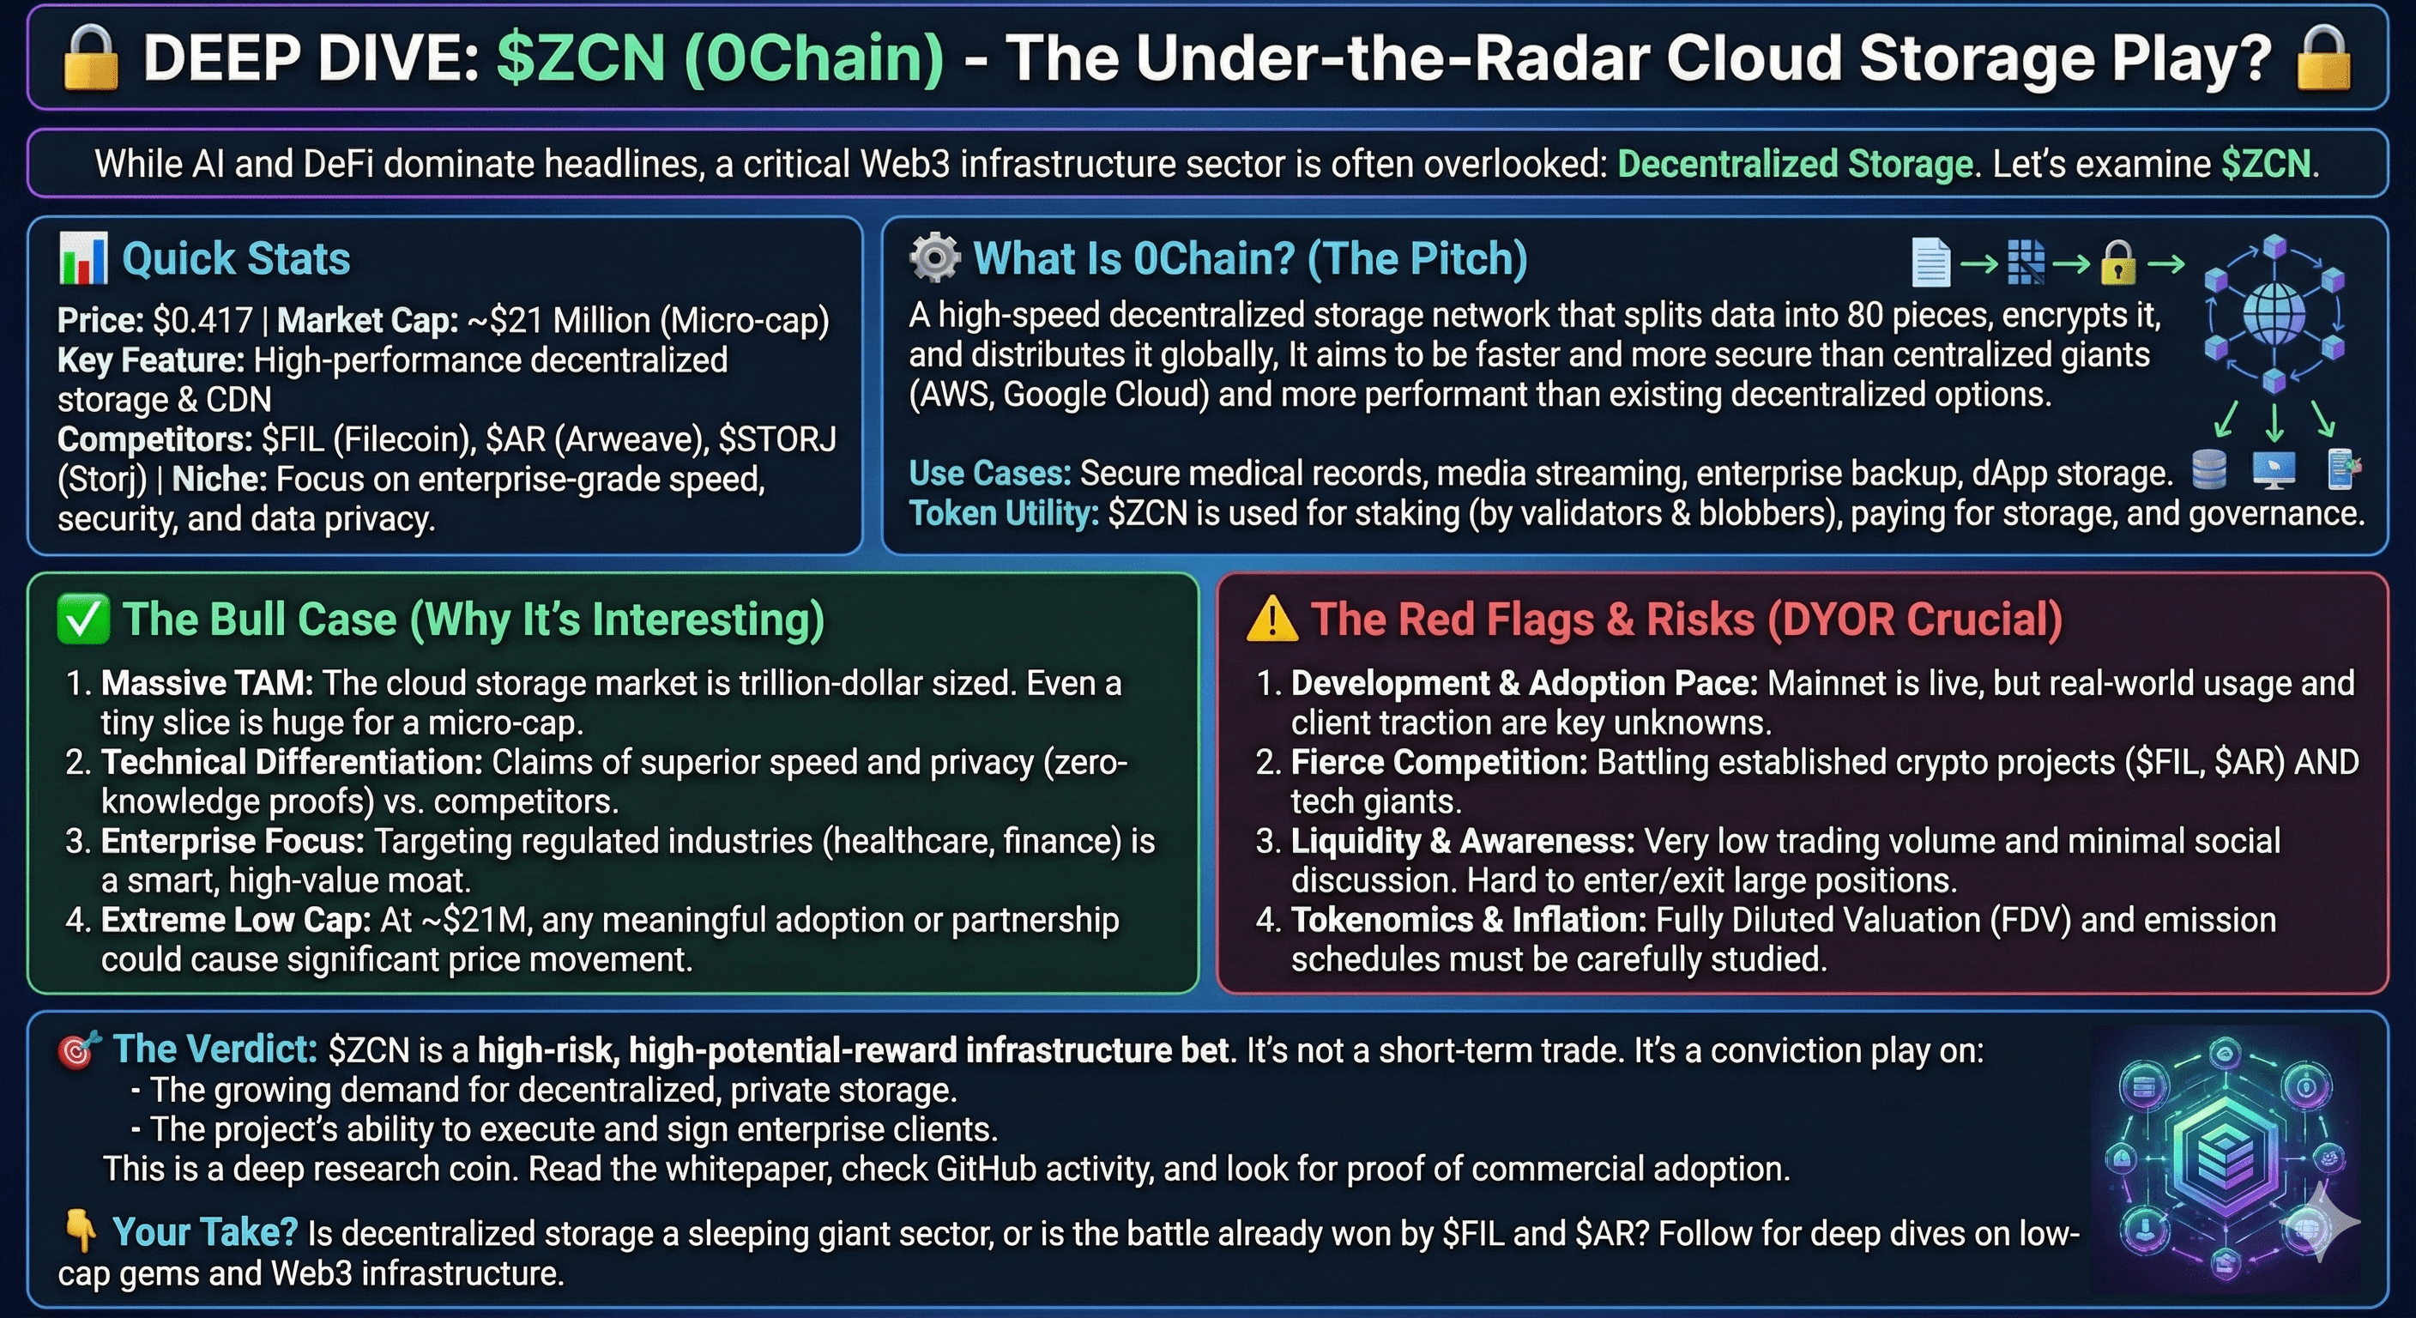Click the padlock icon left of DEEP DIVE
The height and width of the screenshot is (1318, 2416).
pyautogui.click(x=90, y=58)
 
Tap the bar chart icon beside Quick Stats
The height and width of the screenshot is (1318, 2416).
pyautogui.click(x=82, y=259)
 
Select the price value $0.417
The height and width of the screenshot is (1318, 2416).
pyautogui.click(x=202, y=321)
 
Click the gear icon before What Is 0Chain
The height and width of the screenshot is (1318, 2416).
pyautogui.click(x=934, y=258)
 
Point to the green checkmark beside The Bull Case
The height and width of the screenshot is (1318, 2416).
pyautogui.click(x=82, y=620)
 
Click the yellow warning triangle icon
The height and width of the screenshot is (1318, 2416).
pyautogui.click(x=1271, y=620)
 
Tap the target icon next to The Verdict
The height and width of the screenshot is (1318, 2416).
pyautogui.click(x=79, y=1050)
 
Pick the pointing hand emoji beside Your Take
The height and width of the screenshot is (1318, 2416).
pyautogui.click(x=79, y=1230)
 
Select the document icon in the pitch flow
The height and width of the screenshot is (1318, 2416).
pyautogui.click(x=1930, y=263)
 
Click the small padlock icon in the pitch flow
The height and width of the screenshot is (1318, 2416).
pyautogui.click(x=2117, y=263)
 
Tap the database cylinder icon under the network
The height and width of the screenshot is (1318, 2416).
pyautogui.click(x=2210, y=469)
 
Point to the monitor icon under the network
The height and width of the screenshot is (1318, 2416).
pyautogui.click(x=2274, y=469)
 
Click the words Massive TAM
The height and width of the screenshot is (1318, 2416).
pyautogui.click(x=206, y=683)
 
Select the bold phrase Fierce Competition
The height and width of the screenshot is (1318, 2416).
pyautogui.click(x=1439, y=762)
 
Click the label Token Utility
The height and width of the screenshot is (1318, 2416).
pyautogui.click(x=1003, y=513)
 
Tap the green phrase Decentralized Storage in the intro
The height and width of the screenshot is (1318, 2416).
pyautogui.click(x=1795, y=164)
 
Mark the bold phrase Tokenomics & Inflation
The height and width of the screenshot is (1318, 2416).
pyautogui.click(x=1468, y=919)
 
